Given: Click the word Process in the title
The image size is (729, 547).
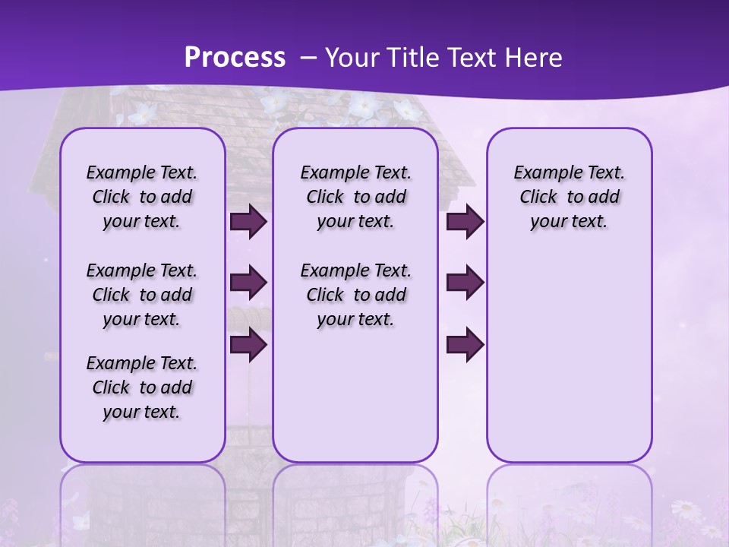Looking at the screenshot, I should [x=235, y=58].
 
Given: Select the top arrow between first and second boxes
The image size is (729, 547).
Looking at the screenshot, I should [x=248, y=222].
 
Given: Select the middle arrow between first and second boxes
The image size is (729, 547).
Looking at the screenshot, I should [x=248, y=283].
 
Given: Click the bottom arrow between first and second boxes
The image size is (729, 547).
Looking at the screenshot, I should [x=248, y=345].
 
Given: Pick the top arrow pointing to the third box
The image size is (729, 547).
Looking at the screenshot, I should [x=465, y=222].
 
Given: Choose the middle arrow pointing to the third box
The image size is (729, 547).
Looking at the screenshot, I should [x=465, y=283].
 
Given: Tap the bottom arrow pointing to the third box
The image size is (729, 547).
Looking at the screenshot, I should [x=465, y=345].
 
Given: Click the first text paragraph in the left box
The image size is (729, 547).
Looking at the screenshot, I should [x=142, y=197].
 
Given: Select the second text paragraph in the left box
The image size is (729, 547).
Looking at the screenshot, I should [x=142, y=295].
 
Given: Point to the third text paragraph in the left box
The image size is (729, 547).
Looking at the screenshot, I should [x=142, y=387].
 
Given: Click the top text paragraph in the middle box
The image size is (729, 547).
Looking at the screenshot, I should [x=355, y=197].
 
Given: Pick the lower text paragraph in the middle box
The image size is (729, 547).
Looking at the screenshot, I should [x=355, y=295].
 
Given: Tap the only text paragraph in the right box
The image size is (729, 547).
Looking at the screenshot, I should [x=569, y=197].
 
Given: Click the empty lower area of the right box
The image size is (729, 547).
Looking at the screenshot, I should [x=569, y=357].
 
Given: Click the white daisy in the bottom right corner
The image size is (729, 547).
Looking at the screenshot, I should [x=686, y=508].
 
